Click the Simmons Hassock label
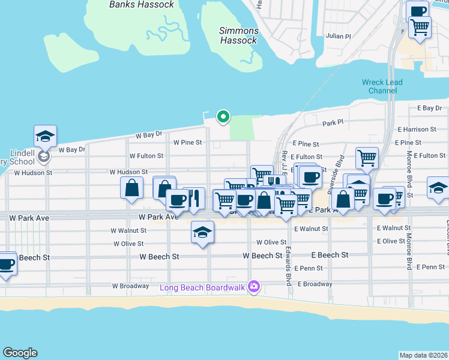tap(239, 35)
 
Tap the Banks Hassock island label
tap(142, 5)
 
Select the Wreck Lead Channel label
tap(382, 86)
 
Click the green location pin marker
tap(223, 116)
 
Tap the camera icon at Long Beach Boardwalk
tap(254, 287)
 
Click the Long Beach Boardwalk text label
tap(202, 287)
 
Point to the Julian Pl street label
tap(339, 37)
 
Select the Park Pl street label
tap(333, 122)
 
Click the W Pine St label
tap(187, 143)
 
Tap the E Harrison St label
tap(417, 130)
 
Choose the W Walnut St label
tap(128, 230)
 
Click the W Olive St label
tap(128, 244)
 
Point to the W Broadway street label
tap(130, 286)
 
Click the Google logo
tap(20, 353)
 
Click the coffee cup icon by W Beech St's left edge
tap(6, 264)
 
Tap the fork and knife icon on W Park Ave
tap(194, 198)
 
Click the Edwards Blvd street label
tap(288, 266)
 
